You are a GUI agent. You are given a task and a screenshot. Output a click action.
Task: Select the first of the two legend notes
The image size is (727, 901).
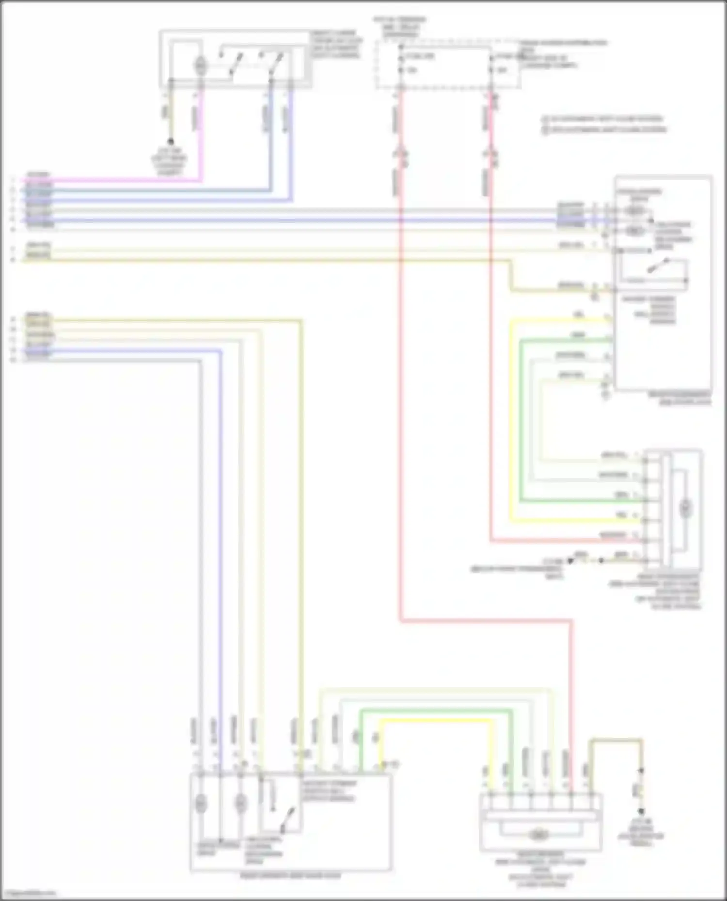coord(603,119)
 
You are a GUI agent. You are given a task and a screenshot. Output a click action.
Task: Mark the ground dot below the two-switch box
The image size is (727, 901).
coord(171,142)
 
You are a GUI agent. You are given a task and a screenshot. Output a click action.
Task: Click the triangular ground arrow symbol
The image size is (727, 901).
coord(570,561)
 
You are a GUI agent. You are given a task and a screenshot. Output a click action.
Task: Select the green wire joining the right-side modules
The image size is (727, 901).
coord(521,436)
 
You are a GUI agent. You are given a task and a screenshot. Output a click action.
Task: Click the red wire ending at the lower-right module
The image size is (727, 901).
coord(485,620)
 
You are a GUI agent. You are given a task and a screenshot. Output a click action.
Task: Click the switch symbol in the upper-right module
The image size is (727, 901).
coord(659,267)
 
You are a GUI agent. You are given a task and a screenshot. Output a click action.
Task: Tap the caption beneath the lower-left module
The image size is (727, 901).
coord(290,876)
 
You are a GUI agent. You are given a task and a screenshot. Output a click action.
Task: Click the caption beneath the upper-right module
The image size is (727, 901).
coord(680,398)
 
